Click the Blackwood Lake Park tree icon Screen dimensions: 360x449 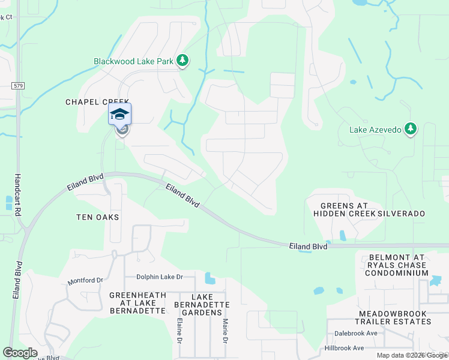coord(182,61)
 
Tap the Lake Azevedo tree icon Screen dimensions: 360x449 coord(411,129)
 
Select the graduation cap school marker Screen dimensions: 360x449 coord(119,114)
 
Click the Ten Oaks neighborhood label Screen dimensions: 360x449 coord(97,217)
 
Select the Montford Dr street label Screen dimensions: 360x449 coord(86,280)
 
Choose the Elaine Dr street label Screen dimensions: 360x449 coord(179,331)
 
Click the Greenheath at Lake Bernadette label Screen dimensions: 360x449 coord(137,303)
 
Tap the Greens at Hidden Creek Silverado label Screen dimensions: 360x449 coord(369,209)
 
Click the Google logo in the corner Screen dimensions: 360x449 coord(20,353)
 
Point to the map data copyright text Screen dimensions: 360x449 coord(412,355)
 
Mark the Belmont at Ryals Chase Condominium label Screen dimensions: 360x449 coord(399,265)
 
